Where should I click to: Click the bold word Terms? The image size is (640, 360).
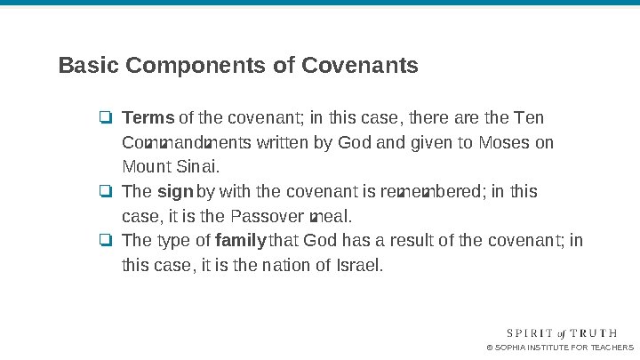click(x=148, y=118)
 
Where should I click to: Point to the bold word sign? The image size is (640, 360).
click(x=175, y=192)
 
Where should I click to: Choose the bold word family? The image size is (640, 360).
click(x=241, y=240)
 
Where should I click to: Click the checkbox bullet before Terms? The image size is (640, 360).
click(x=105, y=118)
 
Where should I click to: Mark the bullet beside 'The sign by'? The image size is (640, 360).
click(x=105, y=192)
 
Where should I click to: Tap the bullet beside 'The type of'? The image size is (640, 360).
click(x=105, y=240)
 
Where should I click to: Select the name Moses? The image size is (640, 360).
click(x=505, y=142)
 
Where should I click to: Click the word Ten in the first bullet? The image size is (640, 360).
click(x=531, y=118)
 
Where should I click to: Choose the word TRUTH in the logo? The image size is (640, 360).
click(x=606, y=332)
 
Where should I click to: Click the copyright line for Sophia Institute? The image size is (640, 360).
click(x=560, y=347)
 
